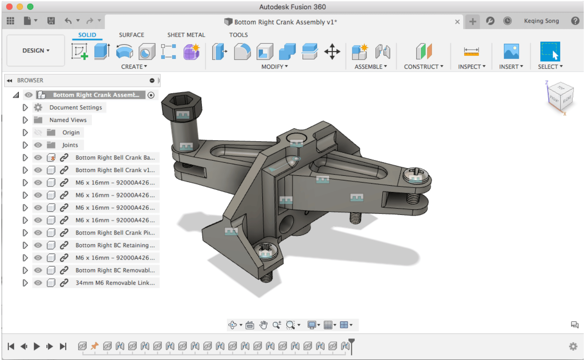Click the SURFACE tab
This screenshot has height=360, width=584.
click(131, 35)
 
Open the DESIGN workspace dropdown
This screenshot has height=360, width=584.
click(36, 50)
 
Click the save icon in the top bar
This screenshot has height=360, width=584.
click(51, 21)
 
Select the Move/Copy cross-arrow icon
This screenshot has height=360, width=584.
click(332, 52)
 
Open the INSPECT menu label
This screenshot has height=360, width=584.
click(471, 67)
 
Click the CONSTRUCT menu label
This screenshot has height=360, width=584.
click(423, 67)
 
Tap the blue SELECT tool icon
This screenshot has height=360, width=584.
click(550, 52)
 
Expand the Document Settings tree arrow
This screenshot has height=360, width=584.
click(25, 108)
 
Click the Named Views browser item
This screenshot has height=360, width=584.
click(68, 120)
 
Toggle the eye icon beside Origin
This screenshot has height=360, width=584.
click(38, 133)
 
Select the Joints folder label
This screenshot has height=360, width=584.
click(70, 145)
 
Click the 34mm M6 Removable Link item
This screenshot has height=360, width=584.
click(115, 283)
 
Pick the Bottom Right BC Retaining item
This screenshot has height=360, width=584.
click(115, 245)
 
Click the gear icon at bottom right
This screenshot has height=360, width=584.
click(573, 346)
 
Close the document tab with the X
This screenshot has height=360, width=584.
click(457, 22)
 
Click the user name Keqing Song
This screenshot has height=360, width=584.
click(541, 21)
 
